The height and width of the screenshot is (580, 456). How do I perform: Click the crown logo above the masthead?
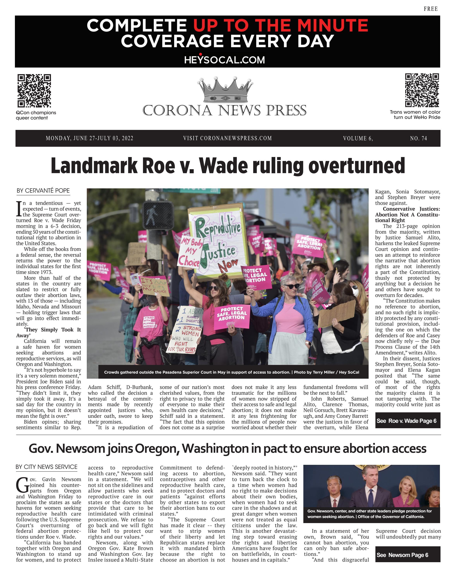pos(225,90)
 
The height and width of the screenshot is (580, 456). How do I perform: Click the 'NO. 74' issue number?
pos(418,138)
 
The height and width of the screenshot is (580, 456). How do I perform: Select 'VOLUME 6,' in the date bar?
pos(358,138)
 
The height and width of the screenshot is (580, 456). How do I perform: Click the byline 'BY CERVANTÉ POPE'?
pos(43,190)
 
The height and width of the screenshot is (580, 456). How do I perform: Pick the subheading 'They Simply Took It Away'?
pos(49,332)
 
